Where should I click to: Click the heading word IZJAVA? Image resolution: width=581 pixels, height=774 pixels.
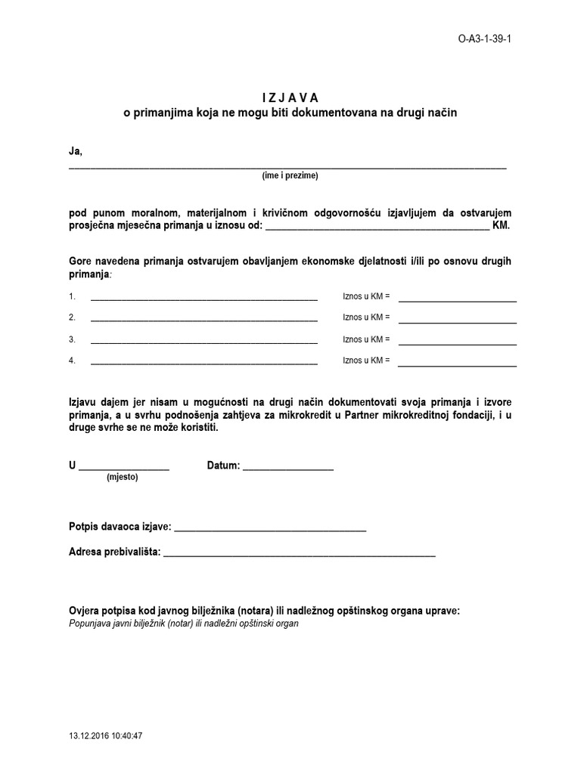click(x=290, y=98)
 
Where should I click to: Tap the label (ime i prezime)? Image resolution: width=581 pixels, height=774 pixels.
click(x=290, y=175)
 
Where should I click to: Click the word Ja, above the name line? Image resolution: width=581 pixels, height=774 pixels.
click(x=75, y=152)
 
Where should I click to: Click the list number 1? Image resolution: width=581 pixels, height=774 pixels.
click(x=72, y=296)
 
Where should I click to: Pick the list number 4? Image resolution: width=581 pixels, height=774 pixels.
click(x=72, y=361)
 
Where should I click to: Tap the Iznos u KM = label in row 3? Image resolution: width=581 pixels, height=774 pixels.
click(x=366, y=339)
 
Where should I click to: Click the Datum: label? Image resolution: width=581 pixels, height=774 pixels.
click(x=223, y=466)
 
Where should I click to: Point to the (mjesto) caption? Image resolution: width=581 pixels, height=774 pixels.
click(x=123, y=478)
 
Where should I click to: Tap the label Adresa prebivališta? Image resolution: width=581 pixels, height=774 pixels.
click(x=114, y=553)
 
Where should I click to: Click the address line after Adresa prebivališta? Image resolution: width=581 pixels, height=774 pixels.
click(x=300, y=556)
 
